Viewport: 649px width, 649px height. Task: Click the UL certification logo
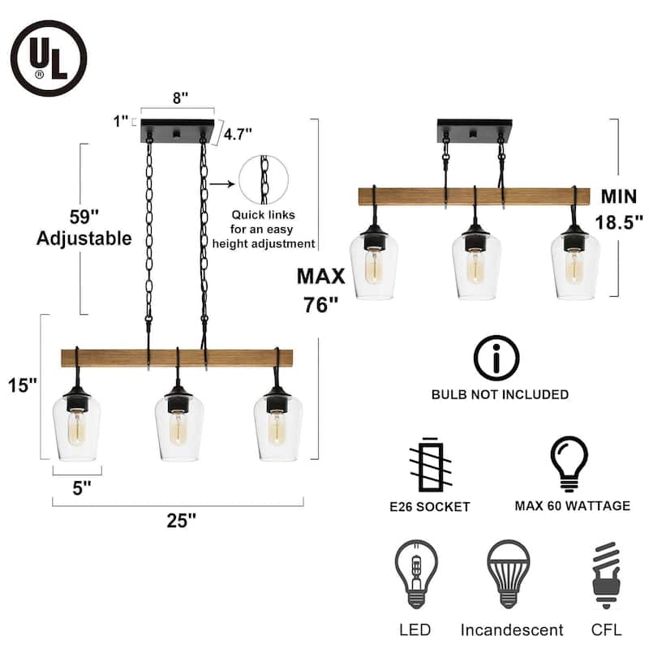point(49,58)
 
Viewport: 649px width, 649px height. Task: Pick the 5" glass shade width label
point(79,489)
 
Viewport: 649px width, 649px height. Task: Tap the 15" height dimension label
point(24,385)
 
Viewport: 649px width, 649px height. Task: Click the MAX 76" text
point(320,291)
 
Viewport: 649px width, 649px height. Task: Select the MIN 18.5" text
point(621,208)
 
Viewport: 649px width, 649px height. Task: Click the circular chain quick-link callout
point(264,179)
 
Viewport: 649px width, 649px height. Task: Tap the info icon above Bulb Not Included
point(496,358)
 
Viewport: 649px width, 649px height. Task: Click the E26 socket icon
point(429,465)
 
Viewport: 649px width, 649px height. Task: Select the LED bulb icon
point(415,573)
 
